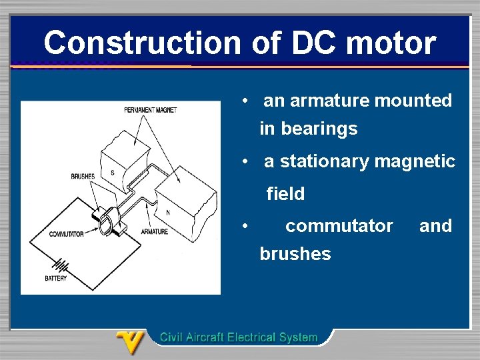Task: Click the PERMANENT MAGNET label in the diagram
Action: pos(151,110)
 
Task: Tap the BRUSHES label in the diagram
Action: pos(83,176)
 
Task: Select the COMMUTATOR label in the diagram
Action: pos(67,234)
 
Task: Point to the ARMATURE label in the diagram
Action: pos(155,231)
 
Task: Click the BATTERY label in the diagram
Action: pos(56,278)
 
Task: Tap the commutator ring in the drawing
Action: pos(107,223)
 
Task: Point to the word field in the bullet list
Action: pos(285,195)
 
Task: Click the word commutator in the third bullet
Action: pos(339,226)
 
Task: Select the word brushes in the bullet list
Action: pos(295,254)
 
